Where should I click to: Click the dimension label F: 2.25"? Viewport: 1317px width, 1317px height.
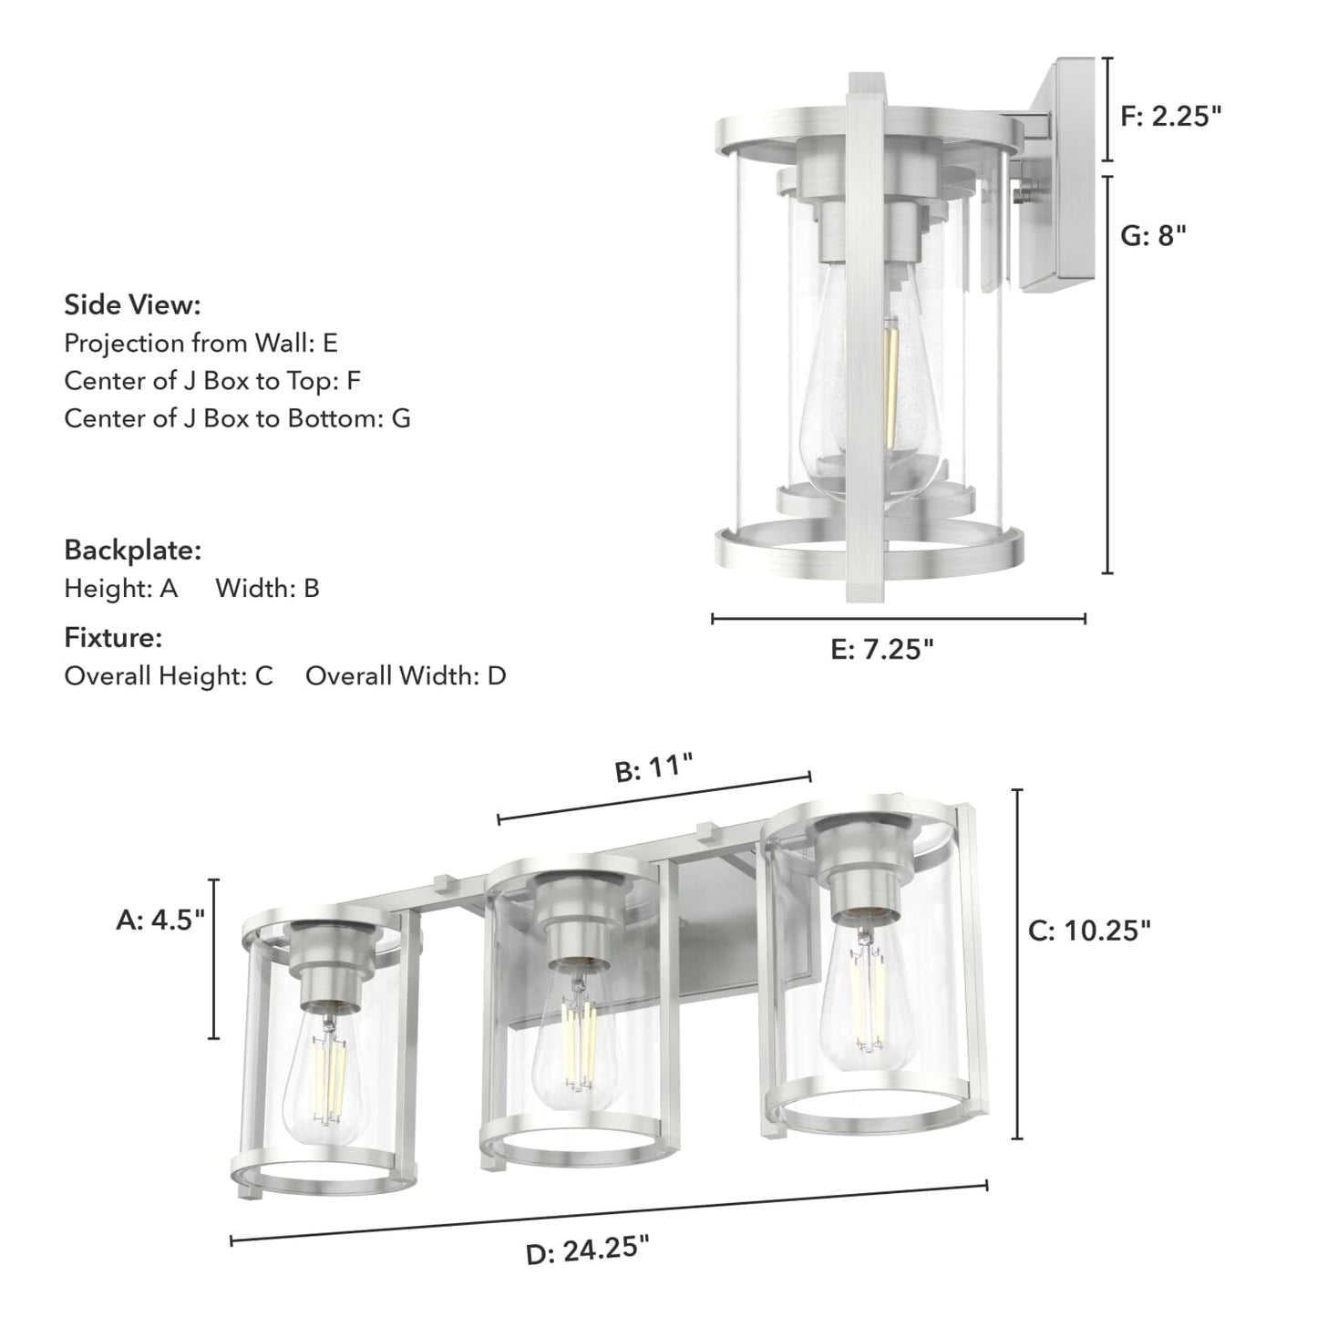pos(1170,116)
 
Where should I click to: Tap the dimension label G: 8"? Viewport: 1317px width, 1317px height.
pos(1153,236)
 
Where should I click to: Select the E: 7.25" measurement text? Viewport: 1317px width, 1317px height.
pos(882,650)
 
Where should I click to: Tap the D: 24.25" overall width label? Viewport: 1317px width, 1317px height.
pos(588,1250)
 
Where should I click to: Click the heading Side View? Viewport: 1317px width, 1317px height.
pos(132,304)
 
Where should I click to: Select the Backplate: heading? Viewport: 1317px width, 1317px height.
pos(132,550)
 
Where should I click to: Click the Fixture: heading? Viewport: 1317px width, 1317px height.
pos(113,638)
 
